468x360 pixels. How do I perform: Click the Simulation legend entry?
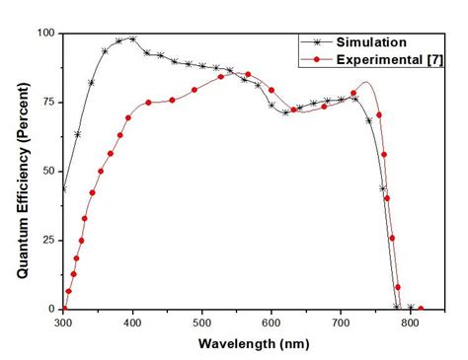(373, 43)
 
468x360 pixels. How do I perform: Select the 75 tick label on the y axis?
(47, 102)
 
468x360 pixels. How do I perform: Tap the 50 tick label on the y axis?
(47, 171)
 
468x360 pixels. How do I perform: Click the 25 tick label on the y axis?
(47, 240)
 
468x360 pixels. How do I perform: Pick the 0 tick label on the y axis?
(51, 309)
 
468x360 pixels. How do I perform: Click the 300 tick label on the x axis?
(63, 323)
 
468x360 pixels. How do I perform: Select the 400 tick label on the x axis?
(132, 323)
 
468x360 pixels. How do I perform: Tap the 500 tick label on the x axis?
(201, 323)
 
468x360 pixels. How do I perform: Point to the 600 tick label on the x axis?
(272, 323)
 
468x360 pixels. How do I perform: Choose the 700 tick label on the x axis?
(341, 323)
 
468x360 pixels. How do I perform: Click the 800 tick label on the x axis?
(410, 323)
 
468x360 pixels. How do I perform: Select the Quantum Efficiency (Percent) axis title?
(21, 171)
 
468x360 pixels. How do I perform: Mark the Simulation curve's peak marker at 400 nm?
(132, 38)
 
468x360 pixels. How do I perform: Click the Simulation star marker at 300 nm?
(63, 189)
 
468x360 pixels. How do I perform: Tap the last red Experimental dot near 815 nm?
(421, 309)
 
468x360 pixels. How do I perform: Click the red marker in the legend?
(317, 60)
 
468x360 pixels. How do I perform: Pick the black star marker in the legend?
(317, 43)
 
